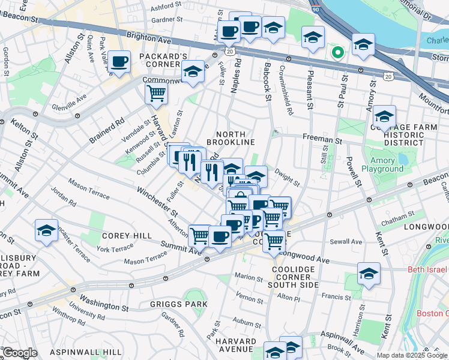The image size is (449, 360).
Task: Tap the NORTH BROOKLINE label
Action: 231,137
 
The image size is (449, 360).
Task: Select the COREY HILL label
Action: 127,236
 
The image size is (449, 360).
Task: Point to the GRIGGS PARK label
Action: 179,304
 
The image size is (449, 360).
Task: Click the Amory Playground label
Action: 378,164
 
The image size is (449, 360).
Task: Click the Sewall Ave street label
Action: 348,242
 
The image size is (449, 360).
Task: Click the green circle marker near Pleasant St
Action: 337,52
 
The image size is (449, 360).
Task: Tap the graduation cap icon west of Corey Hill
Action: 46,230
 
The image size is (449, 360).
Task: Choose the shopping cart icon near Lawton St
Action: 156,93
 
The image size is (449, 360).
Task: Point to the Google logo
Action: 20,353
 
